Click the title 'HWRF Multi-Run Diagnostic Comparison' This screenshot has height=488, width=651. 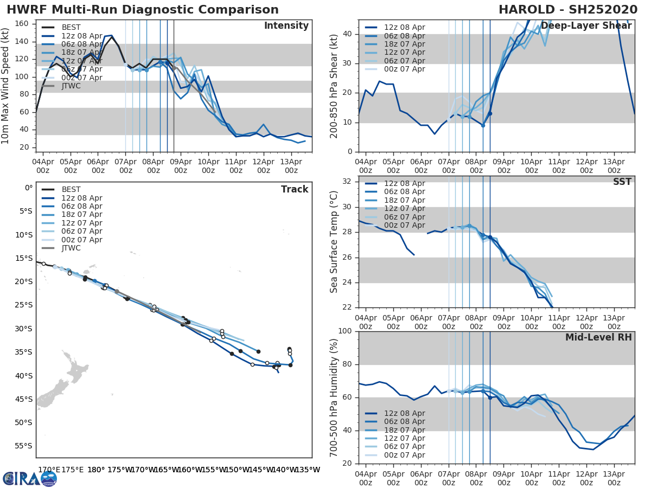pyautogui.click(x=143, y=10)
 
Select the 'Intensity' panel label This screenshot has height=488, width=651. pyautogui.click(x=286, y=26)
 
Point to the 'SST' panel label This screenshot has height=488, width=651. pyautogui.click(x=622, y=182)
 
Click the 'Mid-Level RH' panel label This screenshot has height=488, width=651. pyautogui.click(x=598, y=337)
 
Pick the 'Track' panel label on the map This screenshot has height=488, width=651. pyautogui.click(x=295, y=189)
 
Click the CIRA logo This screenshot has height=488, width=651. pyautogui.click(x=30, y=478)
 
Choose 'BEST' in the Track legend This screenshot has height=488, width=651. pyautogui.click(x=71, y=189)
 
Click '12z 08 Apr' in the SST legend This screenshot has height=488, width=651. pyautogui.click(x=405, y=183)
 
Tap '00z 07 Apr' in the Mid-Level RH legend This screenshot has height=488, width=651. pyautogui.click(x=405, y=455)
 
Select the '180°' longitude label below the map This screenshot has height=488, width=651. pyautogui.click(x=96, y=470)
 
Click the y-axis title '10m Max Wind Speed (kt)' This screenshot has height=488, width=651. pyautogui.click(x=6, y=86)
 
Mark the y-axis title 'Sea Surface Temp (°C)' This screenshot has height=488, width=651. pyautogui.click(x=334, y=241)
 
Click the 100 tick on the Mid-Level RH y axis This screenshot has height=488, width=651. pyautogui.click(x=346, y=331)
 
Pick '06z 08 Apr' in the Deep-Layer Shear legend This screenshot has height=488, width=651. pyautogui.click(x=405, y=36)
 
